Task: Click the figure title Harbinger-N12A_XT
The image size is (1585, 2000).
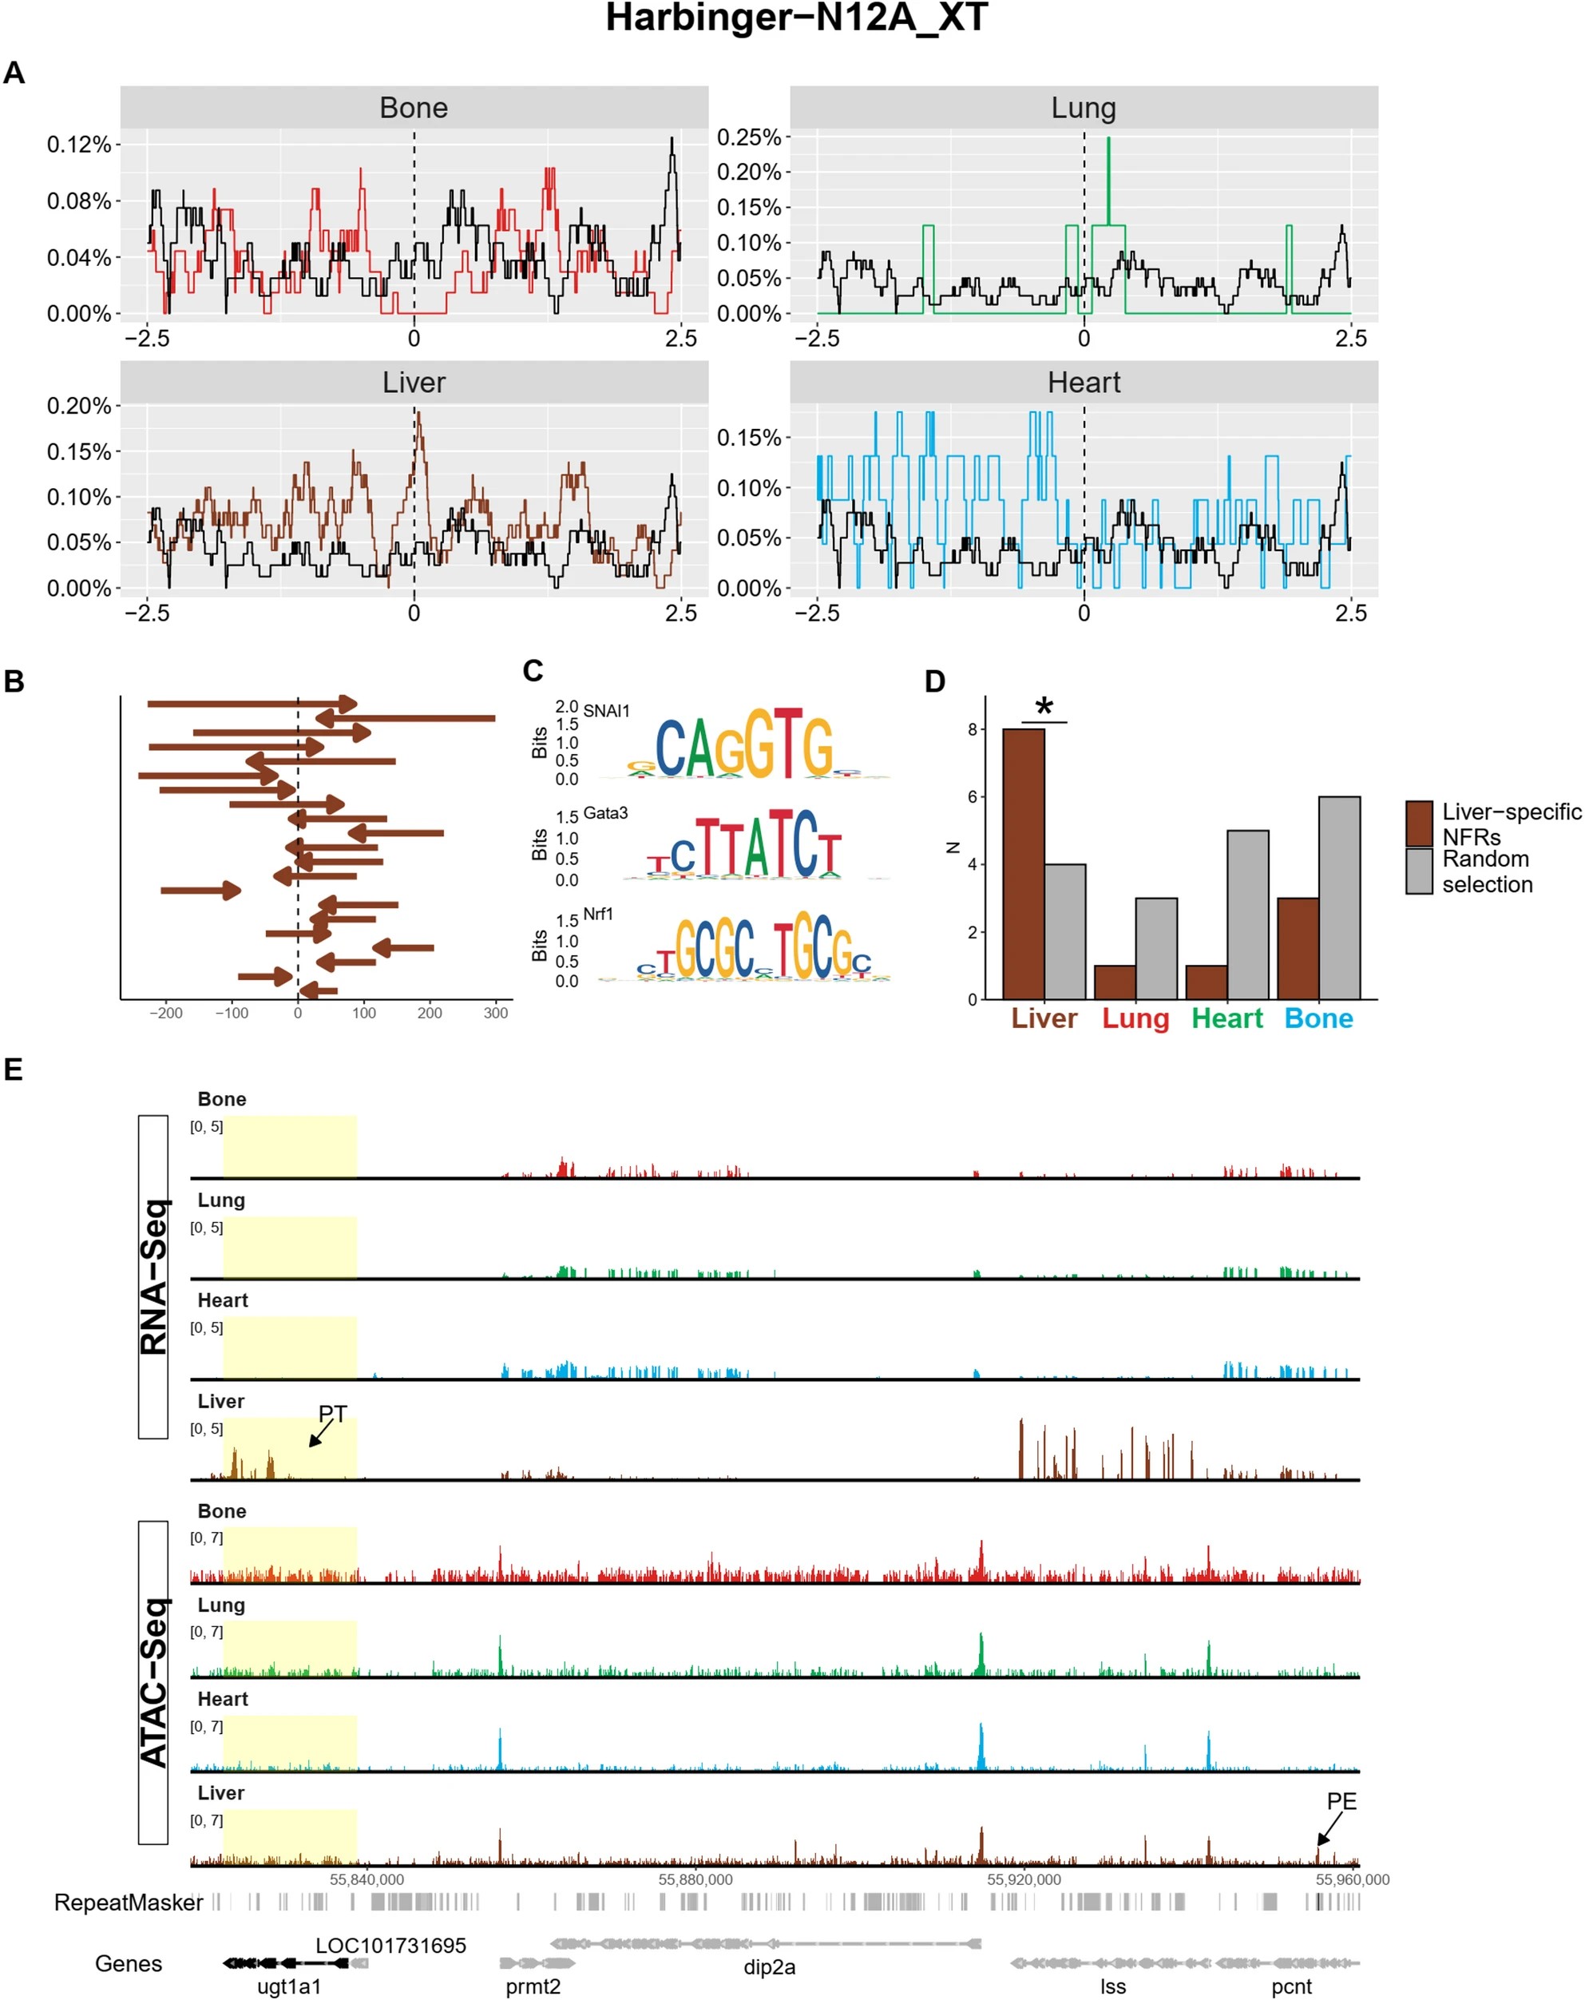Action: (796, 18)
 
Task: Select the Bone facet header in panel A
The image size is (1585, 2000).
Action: (414, 108)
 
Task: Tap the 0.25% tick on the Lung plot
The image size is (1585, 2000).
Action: (749, 137)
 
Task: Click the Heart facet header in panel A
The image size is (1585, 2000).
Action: (1084, 383)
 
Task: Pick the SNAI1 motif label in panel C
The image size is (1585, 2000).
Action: (607, 711)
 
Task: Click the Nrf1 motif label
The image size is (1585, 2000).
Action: (598, 914)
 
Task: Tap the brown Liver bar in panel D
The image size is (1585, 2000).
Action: (1023, 863)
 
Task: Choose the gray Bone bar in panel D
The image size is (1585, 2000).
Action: (1338, 897)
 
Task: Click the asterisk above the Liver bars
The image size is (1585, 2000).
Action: (1044, 708)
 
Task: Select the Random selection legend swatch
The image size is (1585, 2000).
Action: (1419, 871)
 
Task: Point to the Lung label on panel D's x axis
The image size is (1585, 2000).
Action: (1135, 1018)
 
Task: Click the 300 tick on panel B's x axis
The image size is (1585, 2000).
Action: (495, 1013)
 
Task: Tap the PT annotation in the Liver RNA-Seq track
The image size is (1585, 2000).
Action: (332, 1414)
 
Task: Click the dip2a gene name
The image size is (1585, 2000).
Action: (769, 1966)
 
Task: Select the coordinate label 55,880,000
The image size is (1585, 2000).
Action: (695, 1879)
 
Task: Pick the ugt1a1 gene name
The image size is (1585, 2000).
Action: (288, 1986)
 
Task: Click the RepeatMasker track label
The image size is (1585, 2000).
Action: (128, 1903)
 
